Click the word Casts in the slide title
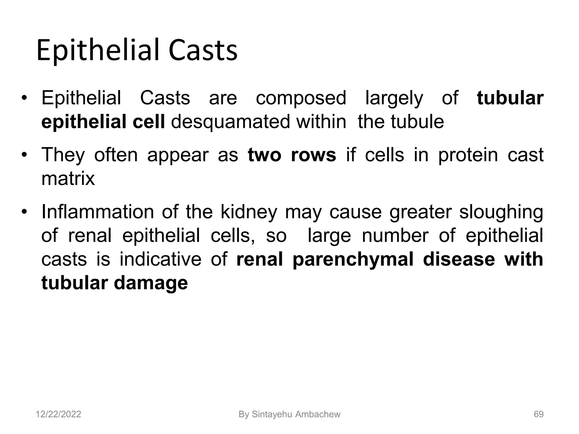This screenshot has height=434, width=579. (x=203, y=51)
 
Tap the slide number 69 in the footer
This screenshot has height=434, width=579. (x=539, y=414)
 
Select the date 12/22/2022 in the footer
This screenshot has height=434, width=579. (x=59, y=414)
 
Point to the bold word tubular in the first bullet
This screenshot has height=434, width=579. (x=510, y=98)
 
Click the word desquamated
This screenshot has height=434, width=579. (x=230, y=122)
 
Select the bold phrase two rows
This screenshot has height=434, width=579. (x=292, y=155)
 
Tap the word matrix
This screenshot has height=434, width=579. (x=68, y=179)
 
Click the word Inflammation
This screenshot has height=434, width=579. (x=98, y=212)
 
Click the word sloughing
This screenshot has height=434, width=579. (x=501, y=212)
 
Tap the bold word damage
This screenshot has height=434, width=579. (x=151, y=283)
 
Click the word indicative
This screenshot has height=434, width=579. (x=160, y=259)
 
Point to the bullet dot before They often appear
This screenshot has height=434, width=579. (x=25, y=155)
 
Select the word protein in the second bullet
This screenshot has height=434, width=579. (x=468, y=155)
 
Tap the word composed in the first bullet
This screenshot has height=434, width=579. (x=301, y=98)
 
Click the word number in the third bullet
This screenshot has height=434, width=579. (x=395, y=236)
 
